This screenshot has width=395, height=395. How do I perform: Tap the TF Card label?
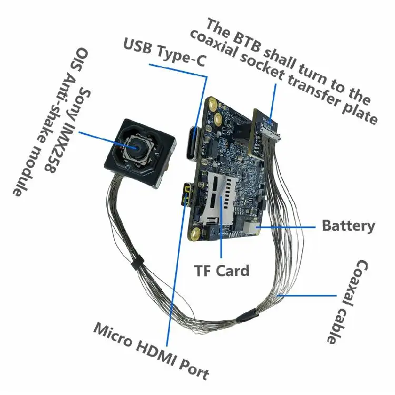221,271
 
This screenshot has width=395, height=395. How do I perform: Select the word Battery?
349,226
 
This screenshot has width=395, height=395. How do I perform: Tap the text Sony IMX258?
68,131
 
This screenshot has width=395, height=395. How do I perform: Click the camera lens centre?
137,147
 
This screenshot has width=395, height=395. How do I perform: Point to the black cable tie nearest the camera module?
137,263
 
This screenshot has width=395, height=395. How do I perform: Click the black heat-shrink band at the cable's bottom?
248,318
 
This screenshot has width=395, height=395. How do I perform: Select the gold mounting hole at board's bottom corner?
195,234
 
